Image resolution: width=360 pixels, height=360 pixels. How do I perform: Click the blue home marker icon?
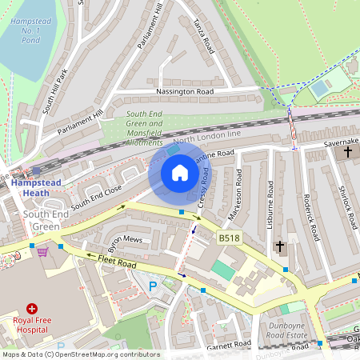pos(180,173)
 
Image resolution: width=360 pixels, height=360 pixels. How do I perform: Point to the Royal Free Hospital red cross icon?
pos(32,308)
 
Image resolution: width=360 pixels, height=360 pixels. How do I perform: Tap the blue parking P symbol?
pos(153,286)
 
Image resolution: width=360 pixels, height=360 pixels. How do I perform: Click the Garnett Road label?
pos(229,345)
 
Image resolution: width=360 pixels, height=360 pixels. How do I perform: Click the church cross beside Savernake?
pos(348,151)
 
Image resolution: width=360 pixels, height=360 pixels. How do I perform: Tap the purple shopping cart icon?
pos(42,251)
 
